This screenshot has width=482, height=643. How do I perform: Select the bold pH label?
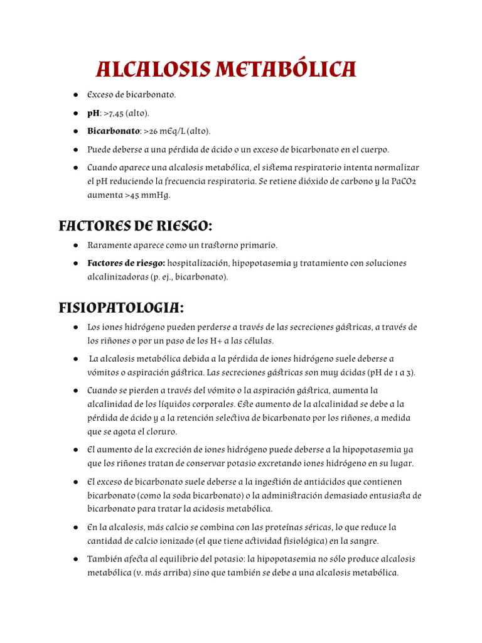tap(94, 113)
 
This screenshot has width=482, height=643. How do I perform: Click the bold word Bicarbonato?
tap(114, 131)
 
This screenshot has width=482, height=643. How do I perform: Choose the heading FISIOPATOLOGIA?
tap(121, 308)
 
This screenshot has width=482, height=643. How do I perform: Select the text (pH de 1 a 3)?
tap(390, 372)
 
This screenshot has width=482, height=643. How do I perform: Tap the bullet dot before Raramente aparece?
tap(75, 245)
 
